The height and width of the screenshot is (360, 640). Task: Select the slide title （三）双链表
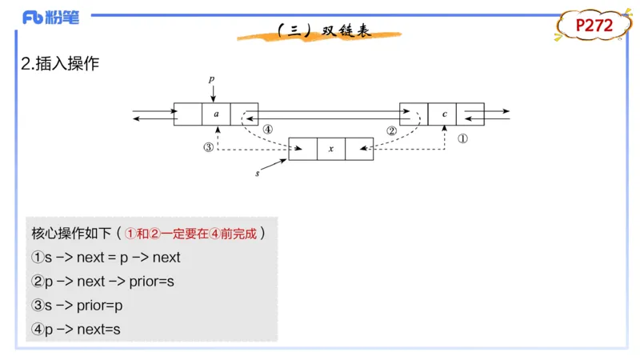323,31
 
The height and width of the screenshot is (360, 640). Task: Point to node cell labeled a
216,114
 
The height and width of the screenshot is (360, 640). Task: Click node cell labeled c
444,114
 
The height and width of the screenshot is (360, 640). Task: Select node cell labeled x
330,149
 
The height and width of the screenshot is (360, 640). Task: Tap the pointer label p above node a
212,79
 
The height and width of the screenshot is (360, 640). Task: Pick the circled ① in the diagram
462,138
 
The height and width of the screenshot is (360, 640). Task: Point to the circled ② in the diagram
391,130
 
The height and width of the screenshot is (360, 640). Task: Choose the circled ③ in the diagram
209,147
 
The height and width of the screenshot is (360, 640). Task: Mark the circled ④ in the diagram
267,130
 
